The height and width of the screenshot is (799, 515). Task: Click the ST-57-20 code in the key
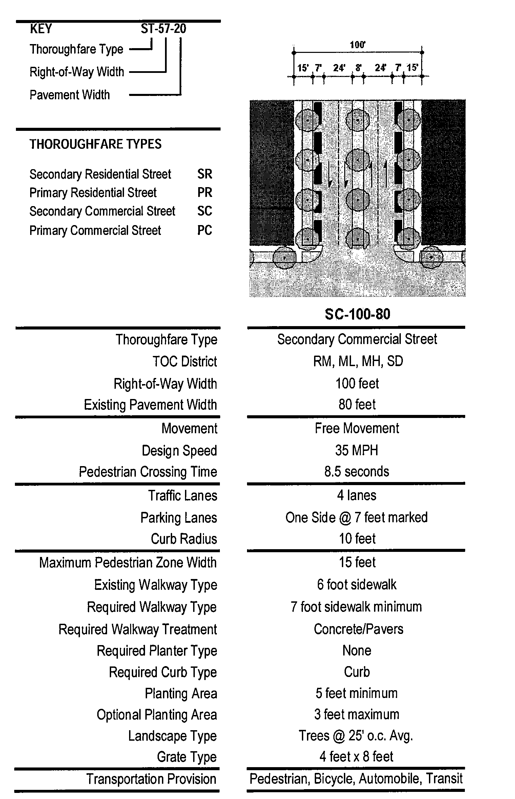163,29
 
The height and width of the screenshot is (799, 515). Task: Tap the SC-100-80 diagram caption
357,314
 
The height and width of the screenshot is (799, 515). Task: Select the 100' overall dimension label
357,45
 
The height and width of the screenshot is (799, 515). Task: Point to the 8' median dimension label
358,68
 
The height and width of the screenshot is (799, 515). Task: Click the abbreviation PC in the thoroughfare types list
205,231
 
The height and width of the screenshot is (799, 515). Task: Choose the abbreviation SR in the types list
205,174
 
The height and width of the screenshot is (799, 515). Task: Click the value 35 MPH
356,450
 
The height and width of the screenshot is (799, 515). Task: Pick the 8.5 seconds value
356,472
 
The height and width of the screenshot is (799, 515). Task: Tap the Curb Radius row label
184,539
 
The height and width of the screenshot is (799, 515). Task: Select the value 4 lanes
356,495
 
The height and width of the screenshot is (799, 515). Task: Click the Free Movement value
357,428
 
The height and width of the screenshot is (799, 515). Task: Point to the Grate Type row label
187,757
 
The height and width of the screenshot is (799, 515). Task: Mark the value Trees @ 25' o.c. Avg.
356,735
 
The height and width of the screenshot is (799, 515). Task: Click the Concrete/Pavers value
358,629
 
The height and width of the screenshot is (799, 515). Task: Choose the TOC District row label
184,361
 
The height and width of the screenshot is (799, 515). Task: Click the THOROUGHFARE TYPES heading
96,144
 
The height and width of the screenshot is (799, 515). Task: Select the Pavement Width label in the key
70,95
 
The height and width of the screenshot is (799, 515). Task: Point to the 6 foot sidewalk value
356,584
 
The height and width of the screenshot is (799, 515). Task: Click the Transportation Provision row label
151,779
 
